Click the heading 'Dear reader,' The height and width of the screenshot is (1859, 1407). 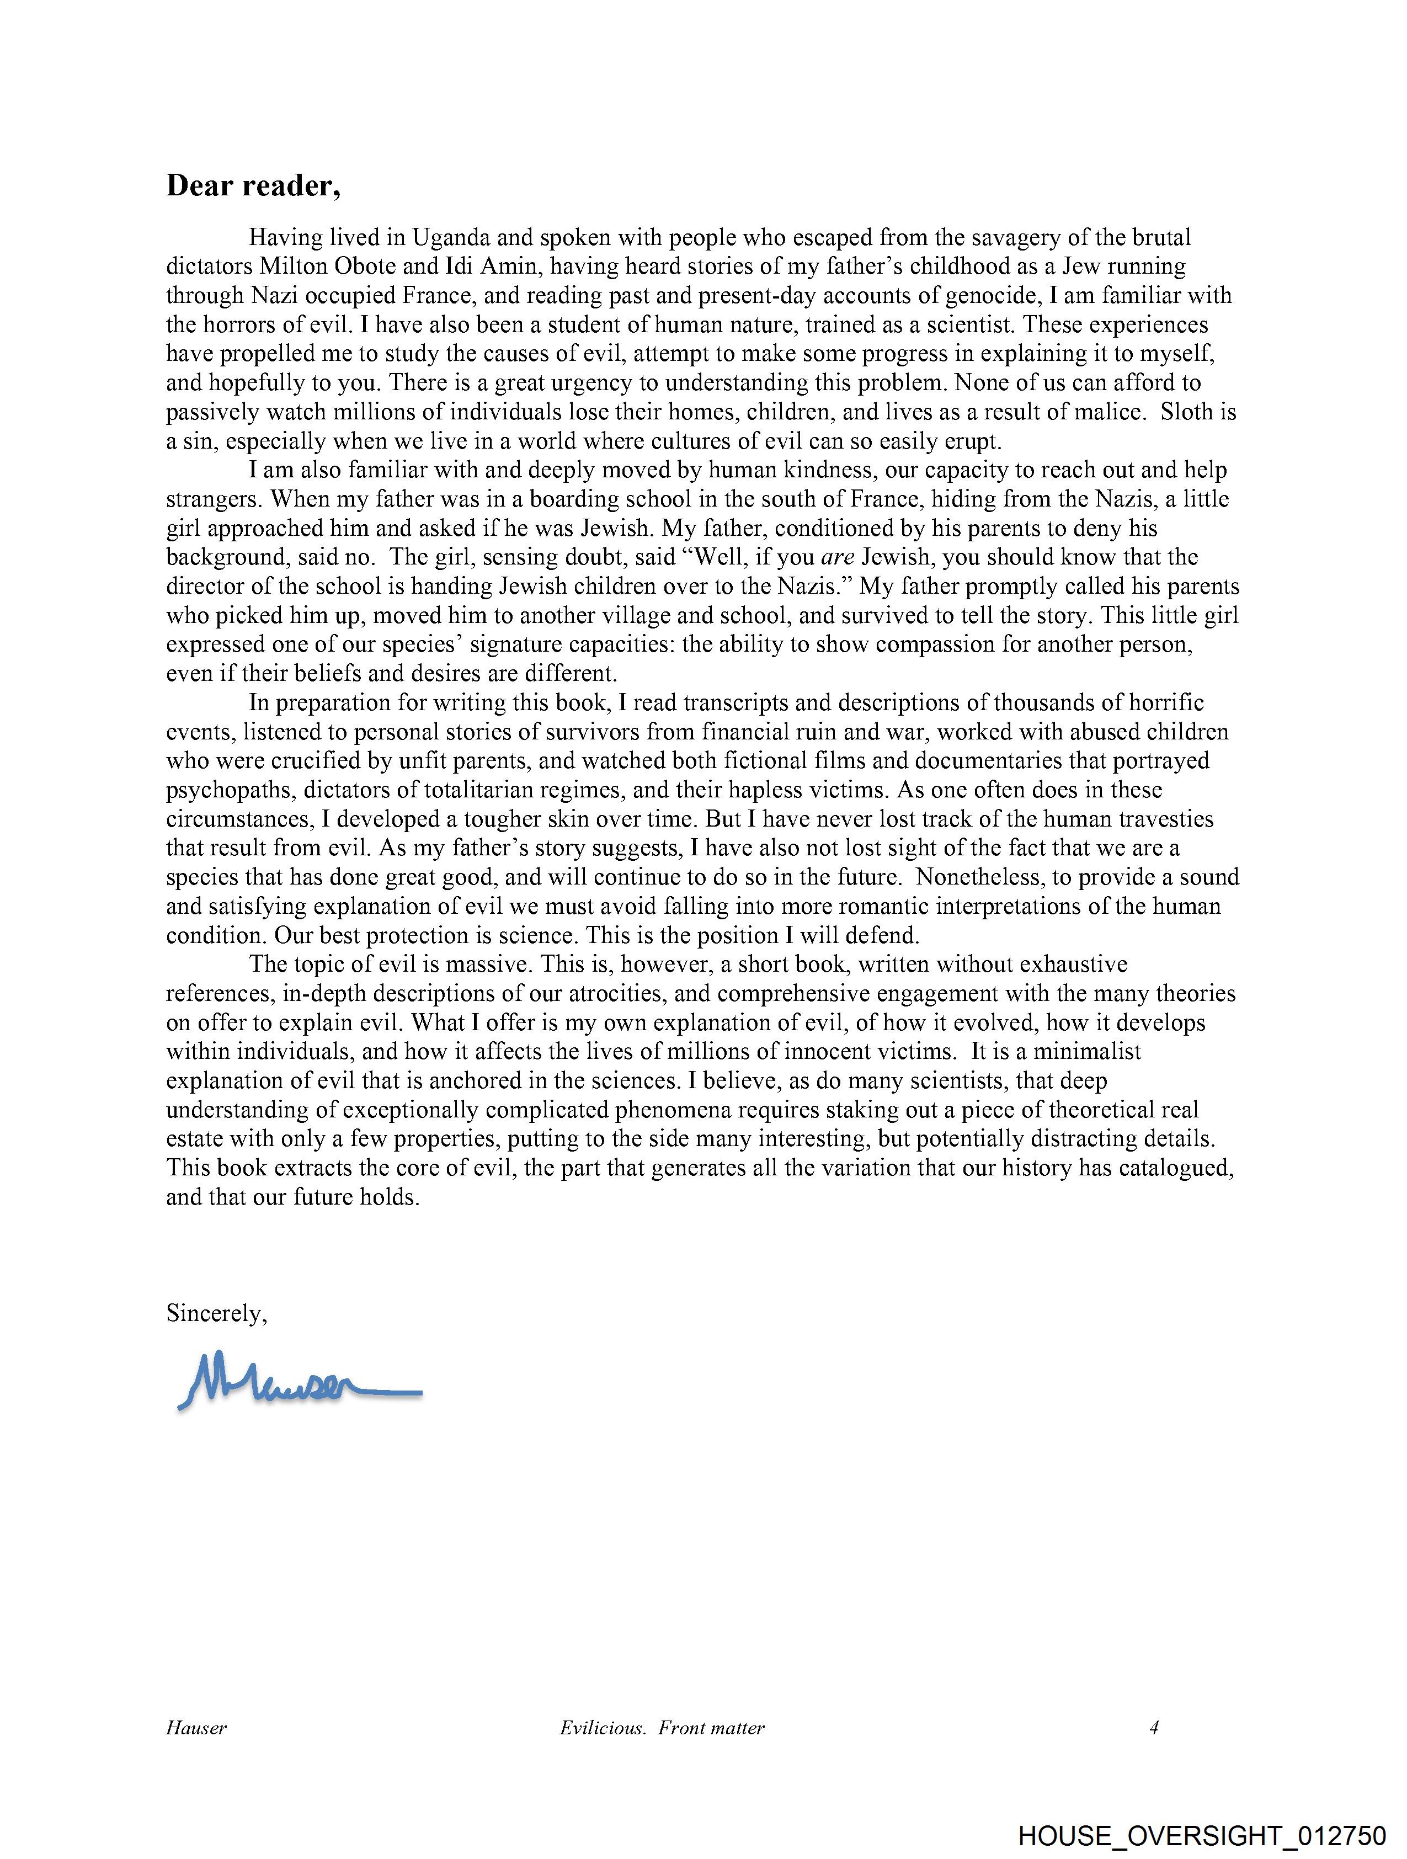click(x=253, y=186)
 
